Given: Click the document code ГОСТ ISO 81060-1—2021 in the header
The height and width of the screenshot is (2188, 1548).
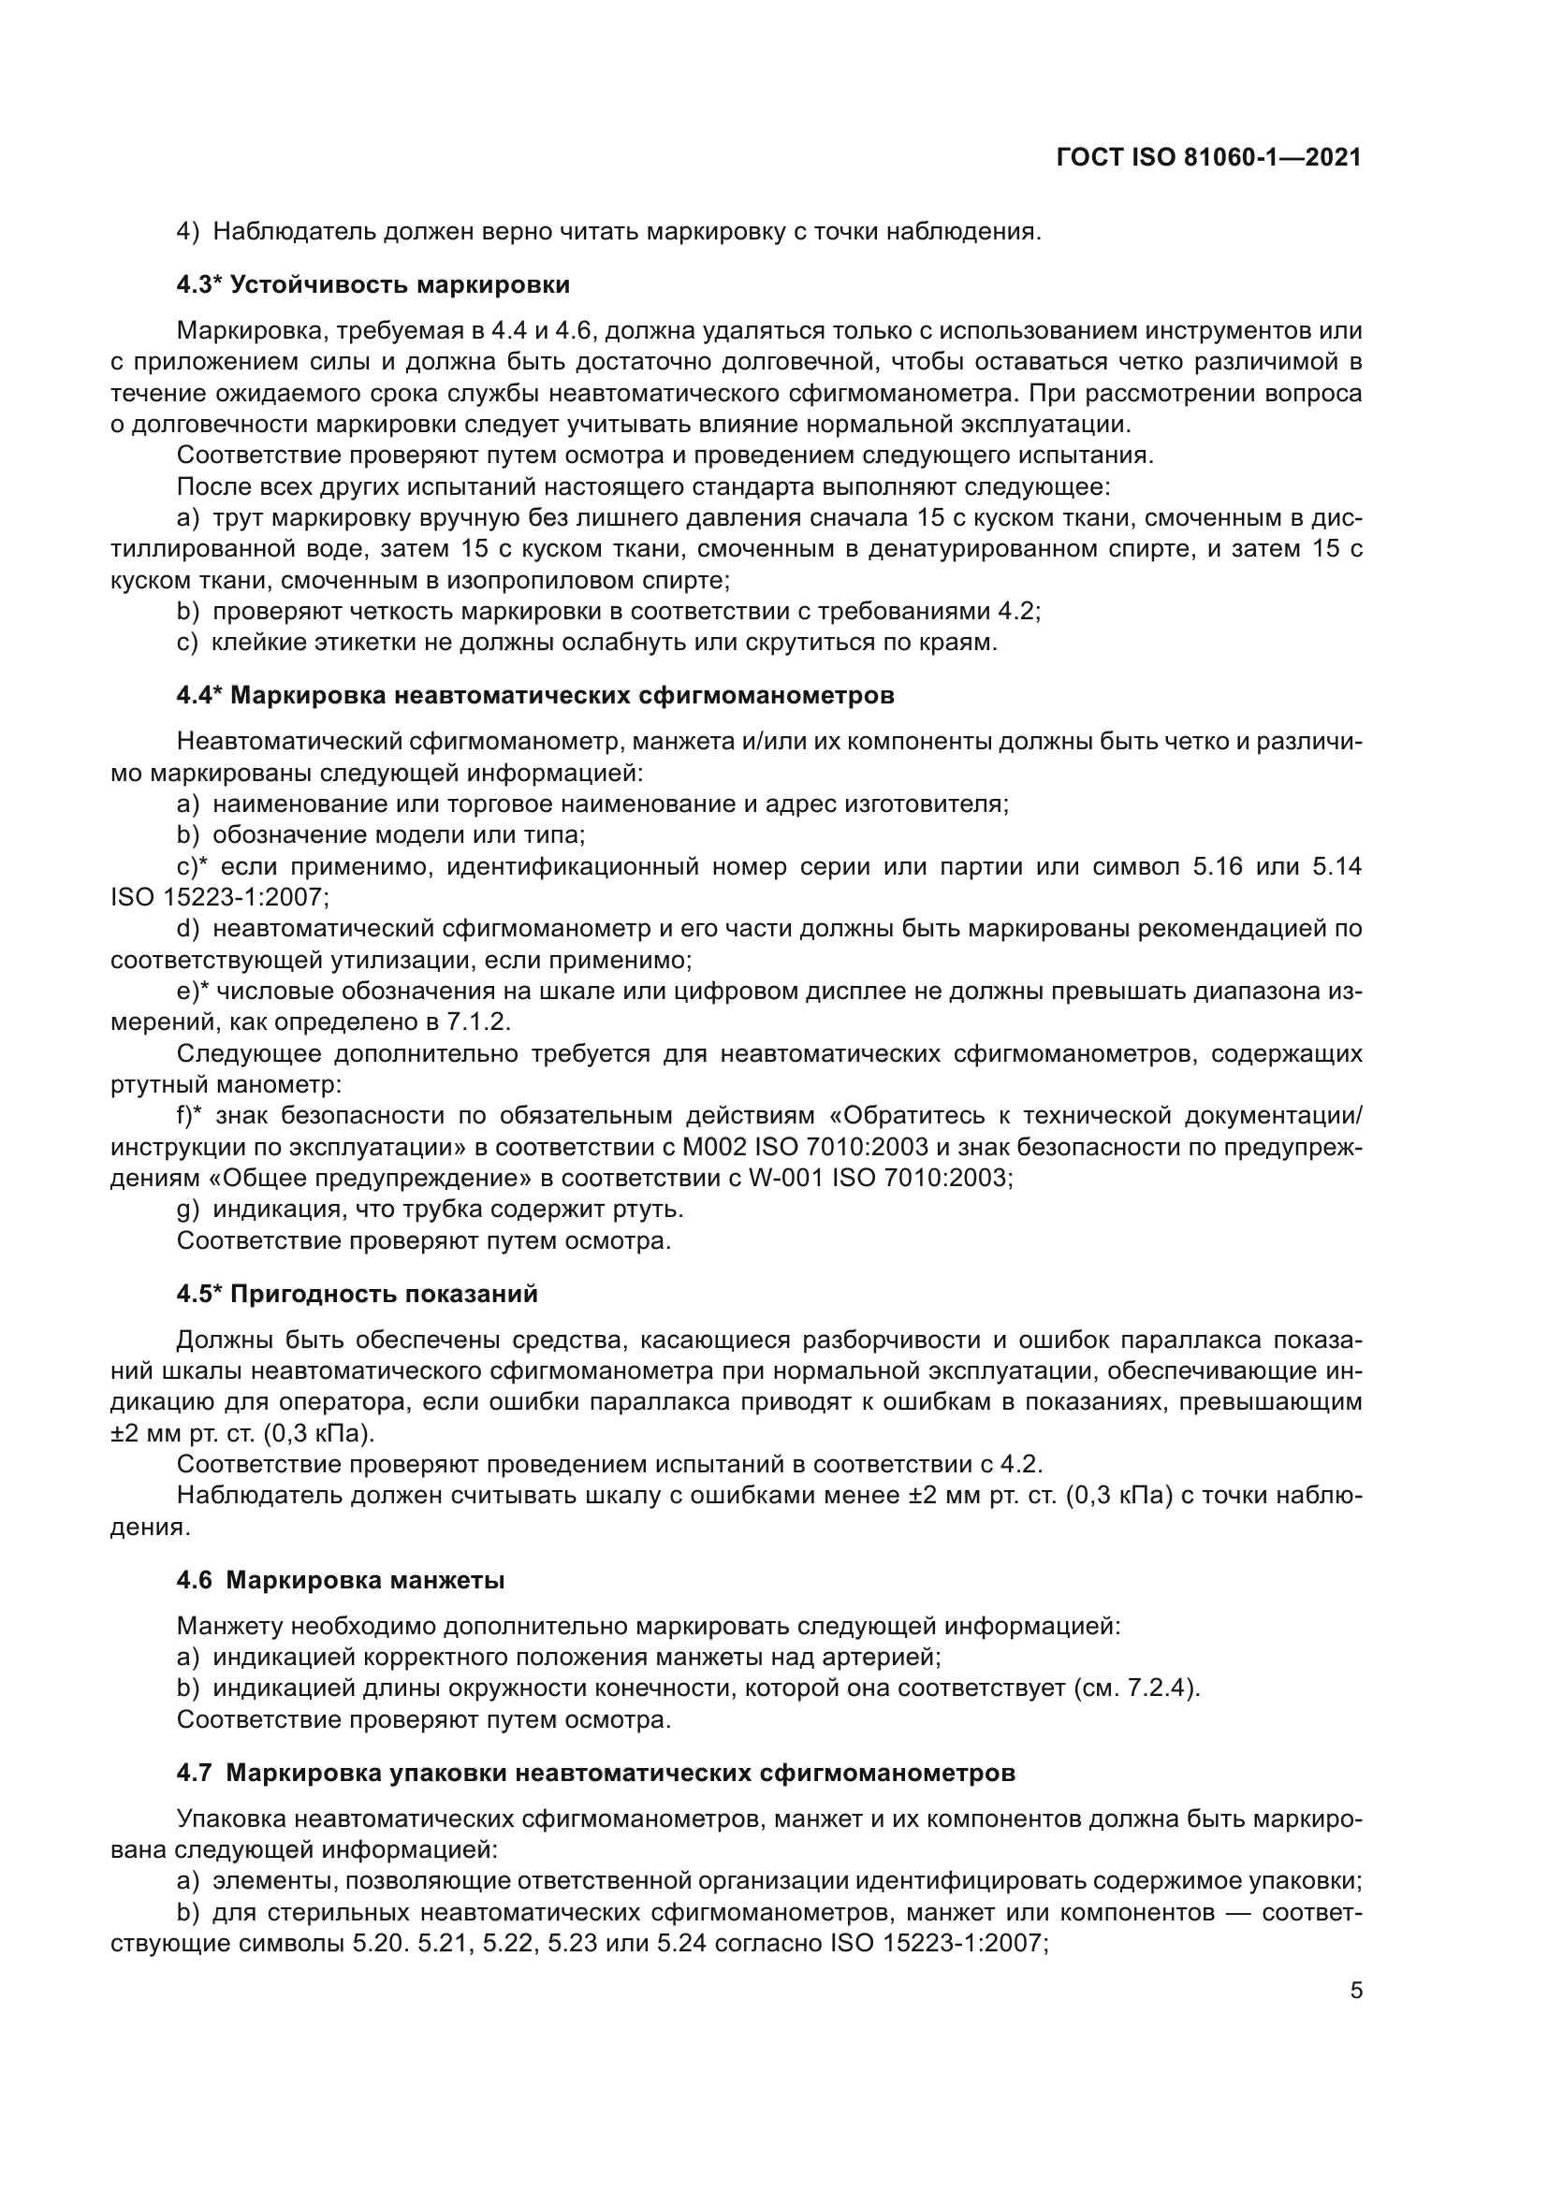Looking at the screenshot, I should tap(1208, 157).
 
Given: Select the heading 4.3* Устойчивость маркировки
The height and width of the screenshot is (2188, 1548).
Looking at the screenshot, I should tap(372, 284).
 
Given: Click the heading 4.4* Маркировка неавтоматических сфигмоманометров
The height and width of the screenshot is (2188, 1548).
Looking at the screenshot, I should tap(534, 696).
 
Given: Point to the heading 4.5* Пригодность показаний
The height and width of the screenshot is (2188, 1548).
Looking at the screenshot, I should tap(357, 1294).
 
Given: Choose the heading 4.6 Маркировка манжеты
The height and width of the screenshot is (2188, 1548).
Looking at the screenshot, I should tap(341, 1580).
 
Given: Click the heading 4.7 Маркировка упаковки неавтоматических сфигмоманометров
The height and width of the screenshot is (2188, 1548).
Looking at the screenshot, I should tap(596, 1773).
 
